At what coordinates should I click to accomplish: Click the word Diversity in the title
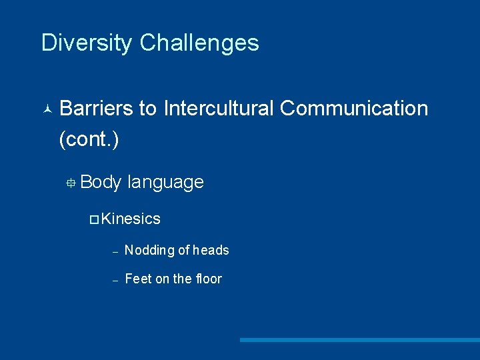[87, 43]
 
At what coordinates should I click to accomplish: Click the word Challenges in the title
[199, 43]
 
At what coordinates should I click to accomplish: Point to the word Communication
[354, 108]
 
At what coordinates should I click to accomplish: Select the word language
[165, 183]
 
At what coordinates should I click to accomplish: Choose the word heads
[211, 251]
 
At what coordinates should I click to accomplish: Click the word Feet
[138, 279]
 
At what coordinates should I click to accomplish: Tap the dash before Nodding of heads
[115, 252]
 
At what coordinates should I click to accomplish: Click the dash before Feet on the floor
[115, 281]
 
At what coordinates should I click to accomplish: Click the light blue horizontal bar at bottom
[359, 340]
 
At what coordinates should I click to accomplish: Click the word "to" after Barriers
[148, 108]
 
